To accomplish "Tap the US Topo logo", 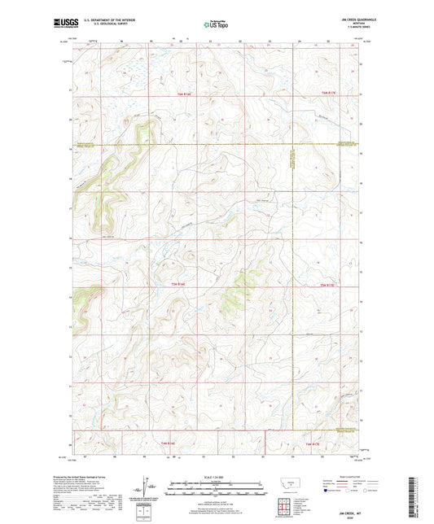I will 215,25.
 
